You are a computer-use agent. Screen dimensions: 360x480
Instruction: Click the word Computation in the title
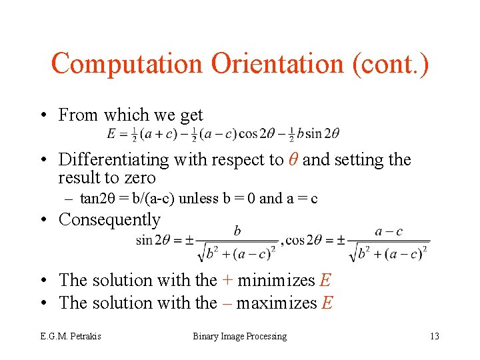(x=127, y=64)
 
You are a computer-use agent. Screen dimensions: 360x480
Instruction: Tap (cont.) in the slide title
(x=393, y=64)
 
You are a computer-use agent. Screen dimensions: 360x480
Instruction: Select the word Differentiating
(x=114, y=160)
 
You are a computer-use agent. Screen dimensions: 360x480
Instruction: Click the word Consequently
(x=109, y=219)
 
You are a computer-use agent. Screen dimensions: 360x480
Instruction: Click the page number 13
(x=435, y=336)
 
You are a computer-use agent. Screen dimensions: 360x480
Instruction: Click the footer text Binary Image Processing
(x=240, y=336)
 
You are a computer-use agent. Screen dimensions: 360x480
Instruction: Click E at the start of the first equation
(x=111, y=133)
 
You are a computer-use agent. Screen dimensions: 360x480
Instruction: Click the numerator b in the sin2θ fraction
(x=237, y=231)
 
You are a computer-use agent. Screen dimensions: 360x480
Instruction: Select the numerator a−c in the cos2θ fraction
(x=389, y=231)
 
